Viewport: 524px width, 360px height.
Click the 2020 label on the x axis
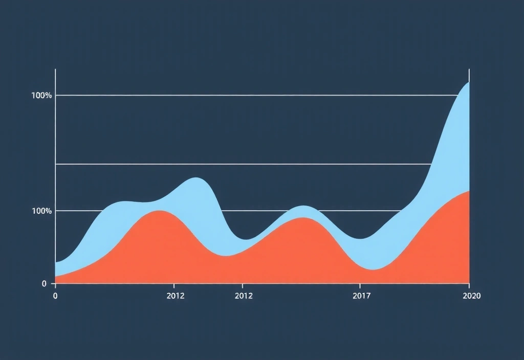pos(471,296)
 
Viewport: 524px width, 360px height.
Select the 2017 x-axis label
pos(362,296)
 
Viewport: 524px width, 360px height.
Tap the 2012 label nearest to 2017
pos(244,296)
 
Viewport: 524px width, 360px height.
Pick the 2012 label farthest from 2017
pos(176,296)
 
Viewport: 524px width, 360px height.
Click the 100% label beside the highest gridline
pos(41,96)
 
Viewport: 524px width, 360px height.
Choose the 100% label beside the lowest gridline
pos(41,211)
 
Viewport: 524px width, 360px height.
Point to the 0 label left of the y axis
pos(45,284)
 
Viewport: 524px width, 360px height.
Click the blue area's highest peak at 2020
pos(468,82)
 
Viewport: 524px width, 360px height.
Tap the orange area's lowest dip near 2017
pos(374,269)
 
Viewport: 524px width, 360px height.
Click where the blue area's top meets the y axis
pos(55,263)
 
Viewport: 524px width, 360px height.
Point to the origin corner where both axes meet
pos(55,283)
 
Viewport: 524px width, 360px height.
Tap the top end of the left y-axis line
pos(55,70)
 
